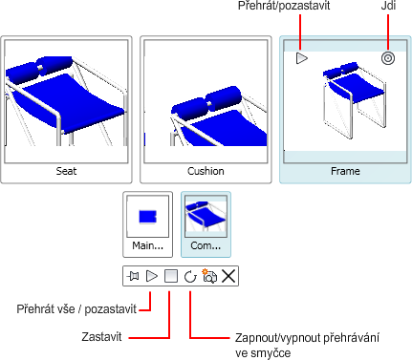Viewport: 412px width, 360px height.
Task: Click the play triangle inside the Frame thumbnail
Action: point(301,58)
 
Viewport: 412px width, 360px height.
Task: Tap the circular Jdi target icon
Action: point(388,58)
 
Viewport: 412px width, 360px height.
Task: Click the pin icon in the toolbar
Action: point(133,276)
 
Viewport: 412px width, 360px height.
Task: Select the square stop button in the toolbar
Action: point(171,276)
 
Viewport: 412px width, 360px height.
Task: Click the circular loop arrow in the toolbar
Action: point(190,277)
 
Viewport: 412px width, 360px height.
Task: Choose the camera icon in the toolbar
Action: point(209,276)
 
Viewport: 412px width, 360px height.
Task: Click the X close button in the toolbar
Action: point(228,276)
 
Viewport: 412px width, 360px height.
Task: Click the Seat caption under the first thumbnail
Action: point(66,171)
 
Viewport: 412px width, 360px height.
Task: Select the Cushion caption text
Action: point(206,171)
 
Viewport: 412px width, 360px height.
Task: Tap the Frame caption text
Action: point(345,171)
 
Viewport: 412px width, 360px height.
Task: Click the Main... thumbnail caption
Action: point(147,245)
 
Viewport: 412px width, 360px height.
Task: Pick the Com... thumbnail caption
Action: point(206,245)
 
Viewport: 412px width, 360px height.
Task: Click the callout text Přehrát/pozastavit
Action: point(284,6)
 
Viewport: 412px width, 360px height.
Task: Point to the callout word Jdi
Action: point(388,6)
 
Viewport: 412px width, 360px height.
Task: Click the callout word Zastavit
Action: point(101,337)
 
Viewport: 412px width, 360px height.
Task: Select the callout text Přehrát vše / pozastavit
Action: point(76,309)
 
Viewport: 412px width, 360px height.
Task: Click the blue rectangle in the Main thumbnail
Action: point(147,217)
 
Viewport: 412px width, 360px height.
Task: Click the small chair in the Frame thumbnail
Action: point(354,99)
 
